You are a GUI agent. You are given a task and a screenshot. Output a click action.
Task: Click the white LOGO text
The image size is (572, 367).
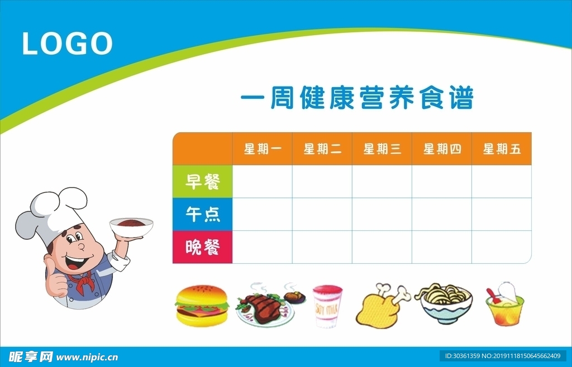pyautogui.click(x=67, y=44)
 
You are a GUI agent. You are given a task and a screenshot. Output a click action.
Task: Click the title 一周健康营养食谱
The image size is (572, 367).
pyautogui.click(x=357, y=99)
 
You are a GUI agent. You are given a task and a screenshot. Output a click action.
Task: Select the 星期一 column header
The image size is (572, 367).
pyautogui.click(x=263, y=149)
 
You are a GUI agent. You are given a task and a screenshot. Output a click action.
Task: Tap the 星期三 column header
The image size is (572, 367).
pyautogui.click(x=382, y=149)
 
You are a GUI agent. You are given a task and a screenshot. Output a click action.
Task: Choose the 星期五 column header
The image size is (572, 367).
pyautogui.click(x=502, y=149)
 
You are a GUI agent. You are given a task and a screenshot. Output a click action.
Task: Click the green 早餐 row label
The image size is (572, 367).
pyautogui.click(x=202, y=182)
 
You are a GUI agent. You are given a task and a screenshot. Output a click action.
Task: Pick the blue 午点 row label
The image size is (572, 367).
pyautogui.click(x=202, y=214)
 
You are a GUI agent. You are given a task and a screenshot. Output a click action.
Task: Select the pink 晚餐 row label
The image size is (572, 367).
pyautogui.click(x=202, y=247)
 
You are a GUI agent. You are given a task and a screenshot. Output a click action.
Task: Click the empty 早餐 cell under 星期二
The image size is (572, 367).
pyautogui.click(x=322, y=182)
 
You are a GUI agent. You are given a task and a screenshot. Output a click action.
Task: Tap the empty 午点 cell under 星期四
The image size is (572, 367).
pyautogui.click(x=442, y=214)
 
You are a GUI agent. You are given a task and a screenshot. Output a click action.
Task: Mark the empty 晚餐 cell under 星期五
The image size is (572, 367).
pyautogui.click(x=501, y=247)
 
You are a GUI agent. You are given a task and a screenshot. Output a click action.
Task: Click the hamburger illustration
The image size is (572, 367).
pyautogui.click(x=202, y=306)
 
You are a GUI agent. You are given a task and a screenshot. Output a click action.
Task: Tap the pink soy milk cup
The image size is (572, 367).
pyautogui.click(x=327, y=306)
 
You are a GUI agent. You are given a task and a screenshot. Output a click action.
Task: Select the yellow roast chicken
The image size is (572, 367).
pyautogui.click(x=381, y=307)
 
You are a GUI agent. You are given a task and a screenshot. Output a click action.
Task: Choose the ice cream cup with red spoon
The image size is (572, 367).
pyautogui.click(x=504, y=306)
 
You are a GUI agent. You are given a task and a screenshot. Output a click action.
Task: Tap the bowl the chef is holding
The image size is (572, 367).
pyautogui.click(x=131, y=225)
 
